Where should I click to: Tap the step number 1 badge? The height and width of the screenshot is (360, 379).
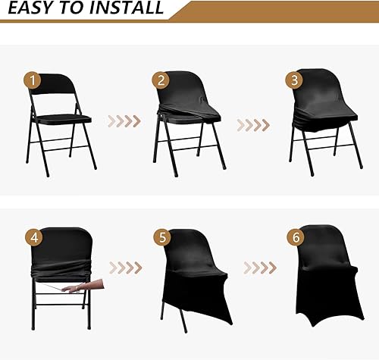pos(32,80)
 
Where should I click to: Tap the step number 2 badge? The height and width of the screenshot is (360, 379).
pos(160,80)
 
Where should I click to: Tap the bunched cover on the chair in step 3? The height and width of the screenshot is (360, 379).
pos(315,121)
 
